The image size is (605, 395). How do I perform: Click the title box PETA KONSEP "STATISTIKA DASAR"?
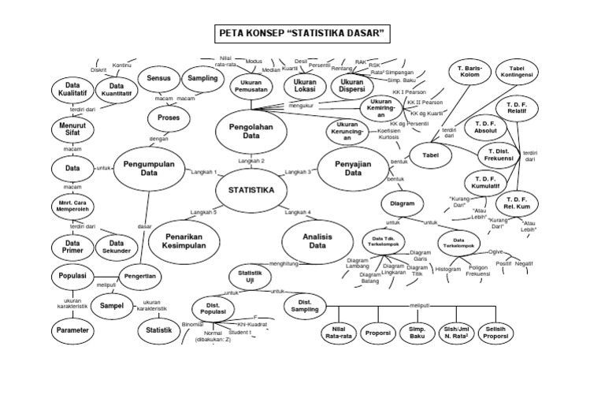(302, 34)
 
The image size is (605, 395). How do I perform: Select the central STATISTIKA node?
(251, 190)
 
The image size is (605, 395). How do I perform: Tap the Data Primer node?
(73, 247)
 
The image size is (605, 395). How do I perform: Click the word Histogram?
(448, 269)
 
